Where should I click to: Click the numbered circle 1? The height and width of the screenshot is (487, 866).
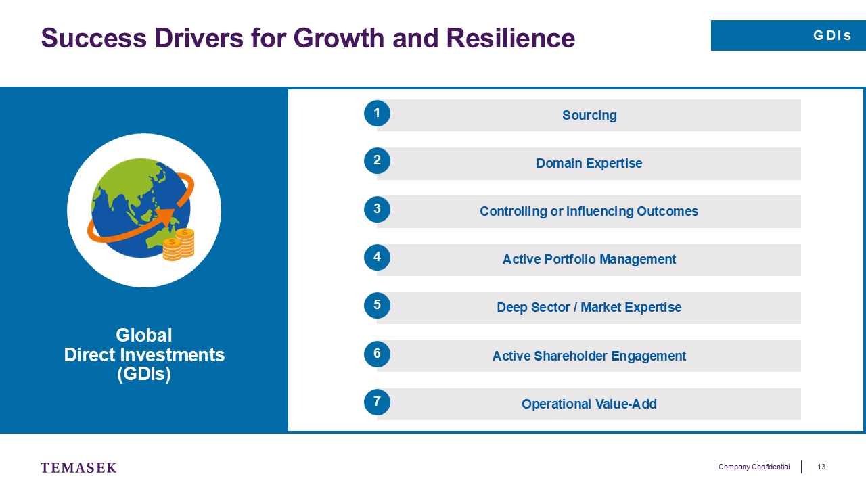377,113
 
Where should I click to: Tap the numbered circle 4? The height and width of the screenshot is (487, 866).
377,258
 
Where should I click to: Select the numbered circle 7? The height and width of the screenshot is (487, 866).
377,402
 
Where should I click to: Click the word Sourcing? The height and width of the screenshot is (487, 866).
589,115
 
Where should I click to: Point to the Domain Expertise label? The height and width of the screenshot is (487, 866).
589,163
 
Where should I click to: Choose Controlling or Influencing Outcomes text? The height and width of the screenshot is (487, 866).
589,212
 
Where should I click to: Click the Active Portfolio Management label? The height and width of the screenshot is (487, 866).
589,259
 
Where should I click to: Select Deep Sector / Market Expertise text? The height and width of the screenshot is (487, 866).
589,307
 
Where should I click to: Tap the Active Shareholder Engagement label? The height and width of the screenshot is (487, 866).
589,356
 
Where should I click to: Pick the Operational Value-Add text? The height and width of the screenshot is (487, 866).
589,404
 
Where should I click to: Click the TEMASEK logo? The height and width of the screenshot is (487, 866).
78,467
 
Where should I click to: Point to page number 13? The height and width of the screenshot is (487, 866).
821,467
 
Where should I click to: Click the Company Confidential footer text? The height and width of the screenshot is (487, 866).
754,467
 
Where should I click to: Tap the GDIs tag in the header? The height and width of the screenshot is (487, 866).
832,36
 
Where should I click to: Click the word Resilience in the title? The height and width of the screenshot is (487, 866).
510,38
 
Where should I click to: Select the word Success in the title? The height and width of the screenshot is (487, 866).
94,38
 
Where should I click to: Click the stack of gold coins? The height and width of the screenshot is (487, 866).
178,244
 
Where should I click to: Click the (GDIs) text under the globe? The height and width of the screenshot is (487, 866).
144,374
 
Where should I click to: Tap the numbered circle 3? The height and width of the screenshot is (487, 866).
377,209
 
